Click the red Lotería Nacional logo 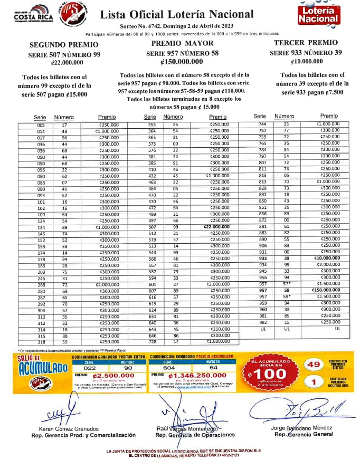[317, 15]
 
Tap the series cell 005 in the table [41, 124]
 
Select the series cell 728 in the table [152, 341]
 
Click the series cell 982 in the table [262, 322]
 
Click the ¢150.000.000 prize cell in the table [329, 290]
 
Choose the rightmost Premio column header [329, 116]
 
